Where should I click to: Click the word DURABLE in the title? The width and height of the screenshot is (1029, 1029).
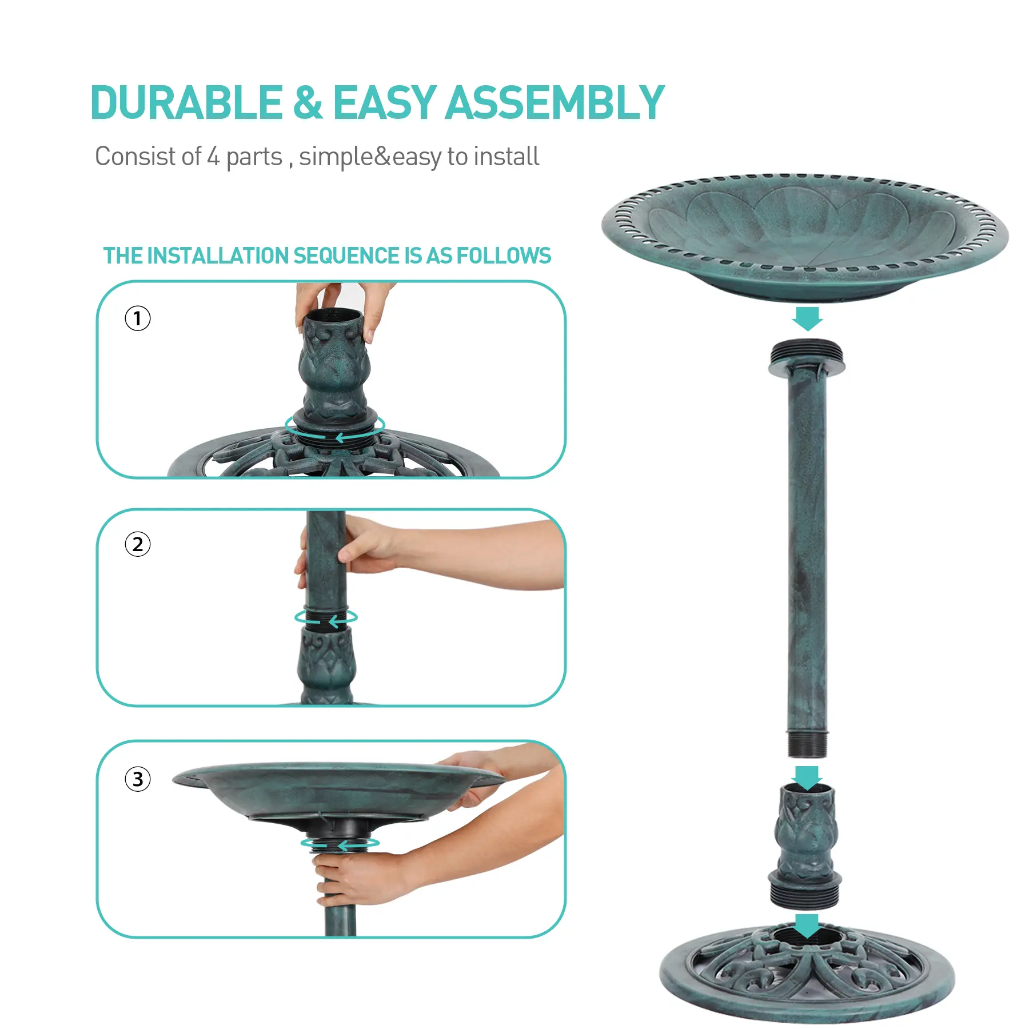[x=186, y=103]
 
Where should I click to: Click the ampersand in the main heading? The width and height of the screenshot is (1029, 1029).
[x=308, y=103]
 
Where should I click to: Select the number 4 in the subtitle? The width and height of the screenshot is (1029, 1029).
[x=213, y=157]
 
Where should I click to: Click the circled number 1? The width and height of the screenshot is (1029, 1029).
[x=138, y=318]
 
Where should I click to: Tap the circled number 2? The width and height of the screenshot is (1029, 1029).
[x=138, y=544]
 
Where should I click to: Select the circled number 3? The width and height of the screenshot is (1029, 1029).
[x=138, y=779]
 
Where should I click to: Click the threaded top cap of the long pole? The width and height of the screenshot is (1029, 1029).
[x=807, y=358]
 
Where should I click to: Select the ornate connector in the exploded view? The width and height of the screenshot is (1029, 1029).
[x=805, y=846]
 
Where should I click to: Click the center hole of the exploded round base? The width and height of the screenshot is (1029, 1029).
[x=807, y=938]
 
